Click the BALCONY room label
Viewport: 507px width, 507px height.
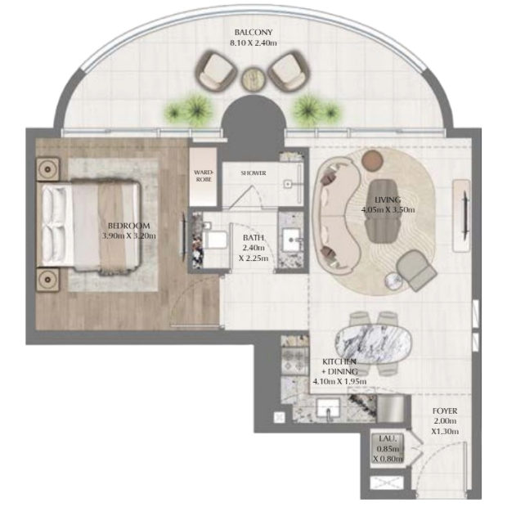[x=253, y=33]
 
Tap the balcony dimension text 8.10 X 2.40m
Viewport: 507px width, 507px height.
[x=253, y=43]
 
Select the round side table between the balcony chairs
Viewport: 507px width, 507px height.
[x=253, y=79]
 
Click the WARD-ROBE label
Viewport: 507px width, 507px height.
[x=204, y=176]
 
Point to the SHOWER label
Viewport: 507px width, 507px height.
[x=253, y=173]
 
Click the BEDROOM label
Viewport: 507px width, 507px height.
[x=128, y=226]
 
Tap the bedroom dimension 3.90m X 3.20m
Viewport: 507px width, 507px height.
[x=128, y=236]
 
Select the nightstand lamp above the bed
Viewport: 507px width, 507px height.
[x=48, y=169]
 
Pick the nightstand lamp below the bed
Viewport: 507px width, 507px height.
[x=48, y=279]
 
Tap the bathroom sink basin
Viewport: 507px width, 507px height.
[x=292, y=240]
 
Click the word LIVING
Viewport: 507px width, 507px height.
[x=388, y=200]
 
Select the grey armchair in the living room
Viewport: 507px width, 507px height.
[x=416, y=269]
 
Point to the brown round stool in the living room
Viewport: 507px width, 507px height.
[x=372, y=160]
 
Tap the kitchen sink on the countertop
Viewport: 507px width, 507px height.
[x=328, y=408]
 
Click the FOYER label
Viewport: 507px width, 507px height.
[x=445, y=411]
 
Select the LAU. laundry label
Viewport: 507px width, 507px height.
[x=387, y=439]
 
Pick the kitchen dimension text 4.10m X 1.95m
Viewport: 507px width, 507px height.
[x=339, y=382]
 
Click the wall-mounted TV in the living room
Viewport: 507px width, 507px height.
[x=465, y=215]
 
